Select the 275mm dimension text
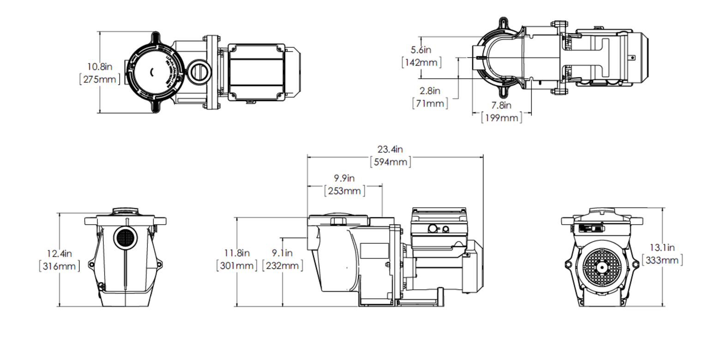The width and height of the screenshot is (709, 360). coord(100,79)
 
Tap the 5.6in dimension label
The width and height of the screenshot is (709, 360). coord(421,49)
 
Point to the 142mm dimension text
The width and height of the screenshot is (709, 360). coord(421,62)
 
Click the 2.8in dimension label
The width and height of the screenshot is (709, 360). coord(430,91)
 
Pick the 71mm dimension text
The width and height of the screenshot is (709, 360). coord(430,103)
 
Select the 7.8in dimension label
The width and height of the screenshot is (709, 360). coord(501,106)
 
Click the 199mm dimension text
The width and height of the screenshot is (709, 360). coord(502,118)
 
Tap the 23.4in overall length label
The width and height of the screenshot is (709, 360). coord(391,150)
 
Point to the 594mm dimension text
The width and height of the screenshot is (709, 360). coord(391,162)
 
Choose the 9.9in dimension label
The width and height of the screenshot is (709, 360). coord(344,178)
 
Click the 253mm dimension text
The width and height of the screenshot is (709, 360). coord(345,191)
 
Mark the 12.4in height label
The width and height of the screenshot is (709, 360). coord(60,253)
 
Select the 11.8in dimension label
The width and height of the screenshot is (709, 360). coord(237,253)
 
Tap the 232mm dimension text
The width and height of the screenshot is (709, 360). coord(282,265)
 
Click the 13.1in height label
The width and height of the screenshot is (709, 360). coord(662,248)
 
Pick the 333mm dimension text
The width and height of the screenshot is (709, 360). coord(662,260)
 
